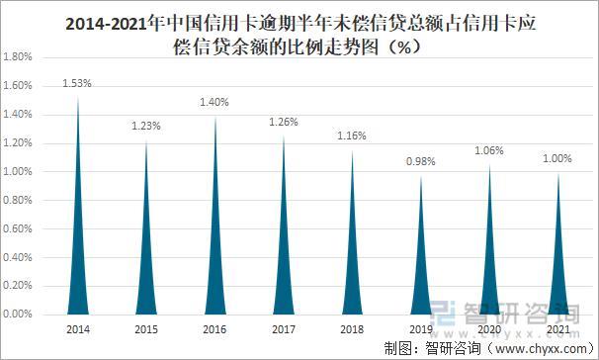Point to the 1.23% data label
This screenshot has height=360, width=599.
[x=145, y=127]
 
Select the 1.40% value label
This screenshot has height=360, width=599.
[x=214, y=102]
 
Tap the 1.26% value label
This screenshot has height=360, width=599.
[x=284, y=122]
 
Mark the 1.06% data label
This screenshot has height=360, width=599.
[x=489, y=150]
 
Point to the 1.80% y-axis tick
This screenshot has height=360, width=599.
[x=19, y=57]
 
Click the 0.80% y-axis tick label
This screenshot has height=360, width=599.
[x=19, y=200]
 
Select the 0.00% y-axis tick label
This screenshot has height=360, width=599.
[x=19, y=314]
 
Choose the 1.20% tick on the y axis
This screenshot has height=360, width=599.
[x=19, y=142]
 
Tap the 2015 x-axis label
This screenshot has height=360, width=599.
[x=145, y=328]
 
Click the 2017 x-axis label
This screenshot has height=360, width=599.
[x=284, y=328]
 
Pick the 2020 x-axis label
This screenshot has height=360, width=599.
[x=489, y=328]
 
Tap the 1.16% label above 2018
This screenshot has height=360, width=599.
[x=352, y=135]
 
